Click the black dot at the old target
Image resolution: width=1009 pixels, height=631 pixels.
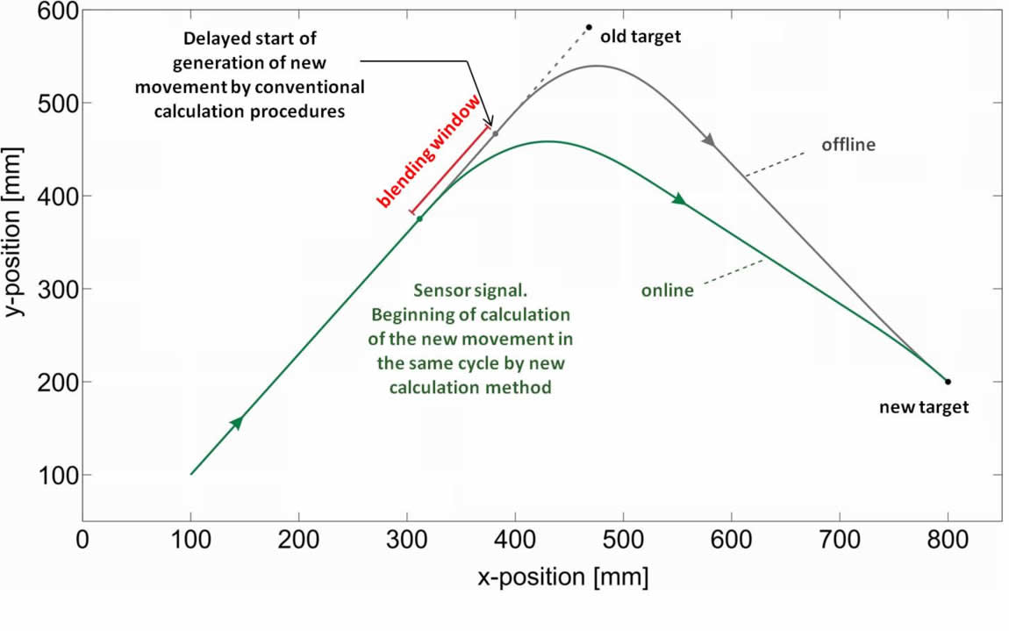pyautogui.click(x=589, y=27)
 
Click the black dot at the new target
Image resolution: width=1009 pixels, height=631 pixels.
pyautogui.click(x=948, y=382)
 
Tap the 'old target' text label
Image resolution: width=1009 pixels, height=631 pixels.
pyautogui.click(x=640, y=37)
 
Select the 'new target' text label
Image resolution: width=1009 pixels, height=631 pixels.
pyautogui.click(x=924, y=407)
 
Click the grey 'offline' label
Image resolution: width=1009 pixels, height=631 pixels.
pyautogui.click(x=848, y=145)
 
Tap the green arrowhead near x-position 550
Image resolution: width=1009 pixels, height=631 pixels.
pyautogui.click(x=678, y=200)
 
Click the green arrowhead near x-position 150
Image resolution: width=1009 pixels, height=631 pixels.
pyautogui.click(x=236, y=423)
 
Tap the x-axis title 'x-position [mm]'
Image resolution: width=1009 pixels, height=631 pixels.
pyautogui.click(x=563, y=577)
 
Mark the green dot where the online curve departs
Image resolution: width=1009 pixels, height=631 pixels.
pyautogui.click(x=419, y=219)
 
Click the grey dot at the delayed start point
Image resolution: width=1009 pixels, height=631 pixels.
pyautogui.click(x=496, y=133)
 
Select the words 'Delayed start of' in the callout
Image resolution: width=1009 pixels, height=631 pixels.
pyautogui.click(x=250, y=39)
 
